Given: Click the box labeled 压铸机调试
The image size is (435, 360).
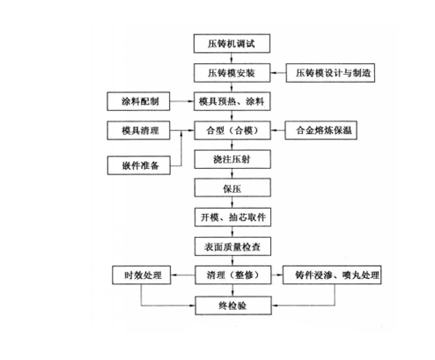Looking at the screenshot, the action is [232, 43].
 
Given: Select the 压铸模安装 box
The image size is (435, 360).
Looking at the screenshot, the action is [232, 72].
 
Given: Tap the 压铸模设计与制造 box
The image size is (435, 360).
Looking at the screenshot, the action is [330, 72].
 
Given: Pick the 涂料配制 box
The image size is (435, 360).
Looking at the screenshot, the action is [138, 101].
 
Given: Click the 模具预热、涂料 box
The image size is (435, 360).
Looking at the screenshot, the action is [232, 101].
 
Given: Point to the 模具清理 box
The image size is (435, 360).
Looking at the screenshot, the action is [138, 130].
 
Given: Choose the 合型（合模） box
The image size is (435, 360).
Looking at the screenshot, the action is [232, 130].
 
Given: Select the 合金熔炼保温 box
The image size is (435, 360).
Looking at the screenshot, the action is [321, 130].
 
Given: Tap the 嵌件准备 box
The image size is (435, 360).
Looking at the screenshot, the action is [139, 165].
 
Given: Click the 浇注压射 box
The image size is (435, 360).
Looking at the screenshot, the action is [232, 159].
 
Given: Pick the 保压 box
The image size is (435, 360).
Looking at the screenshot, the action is [232, 187].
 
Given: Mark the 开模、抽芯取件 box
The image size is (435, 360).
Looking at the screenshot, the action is [232, 217].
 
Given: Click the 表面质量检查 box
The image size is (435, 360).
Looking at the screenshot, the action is [232, 246].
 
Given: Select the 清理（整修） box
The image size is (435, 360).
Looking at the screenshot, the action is [233, 275].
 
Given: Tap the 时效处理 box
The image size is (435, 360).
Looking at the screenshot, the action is [142, 275].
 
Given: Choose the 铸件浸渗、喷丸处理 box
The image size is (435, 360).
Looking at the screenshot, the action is [332, 275].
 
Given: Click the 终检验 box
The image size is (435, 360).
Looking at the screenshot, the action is [233, 305].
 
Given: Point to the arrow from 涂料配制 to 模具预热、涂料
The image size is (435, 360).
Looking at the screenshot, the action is [182, 101].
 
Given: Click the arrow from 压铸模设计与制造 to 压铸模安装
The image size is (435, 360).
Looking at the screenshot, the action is [278, 72].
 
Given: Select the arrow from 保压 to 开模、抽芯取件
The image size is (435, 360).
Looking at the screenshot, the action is [232, 202].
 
